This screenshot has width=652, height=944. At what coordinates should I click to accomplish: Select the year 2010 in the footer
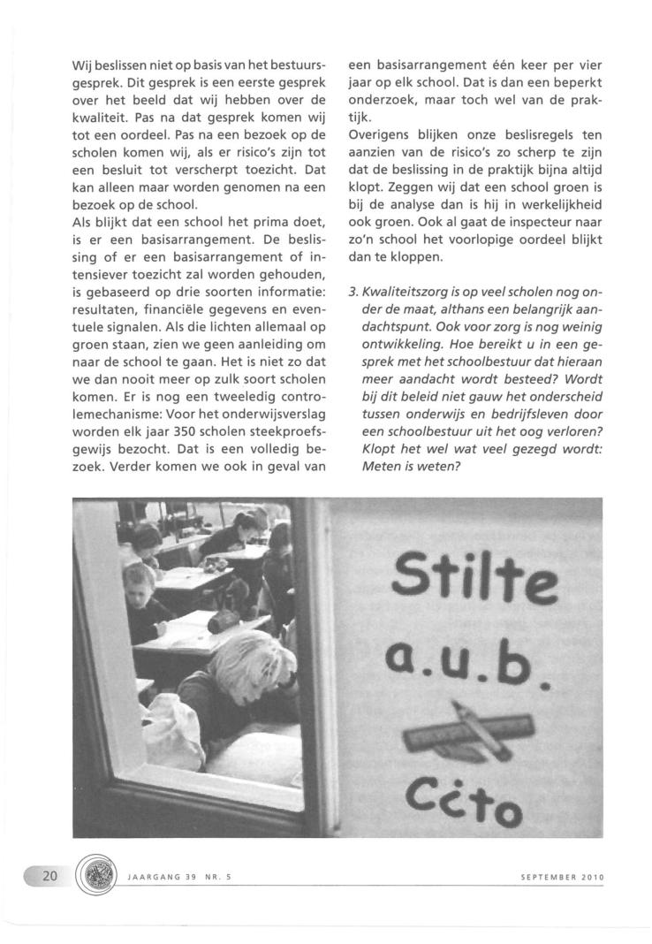pos(591,878)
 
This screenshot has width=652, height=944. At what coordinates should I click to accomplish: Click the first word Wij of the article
pos(82,65)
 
